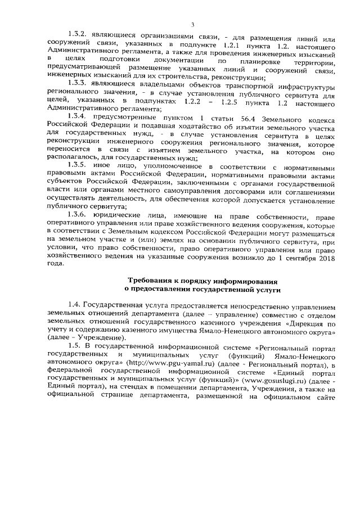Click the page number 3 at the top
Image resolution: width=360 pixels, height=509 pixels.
click(192, 23)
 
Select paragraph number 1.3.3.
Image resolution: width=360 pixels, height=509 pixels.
click(78, 85)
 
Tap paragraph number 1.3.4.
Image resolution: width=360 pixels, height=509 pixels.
click(78, 116)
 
